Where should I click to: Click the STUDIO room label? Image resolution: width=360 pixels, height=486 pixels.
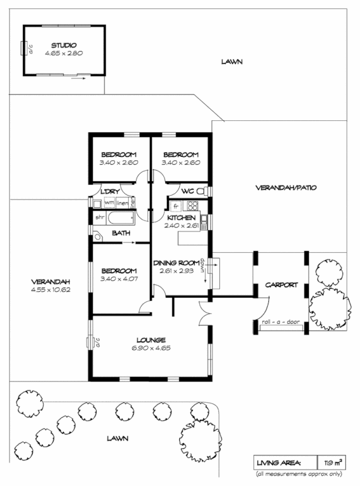[63, 46]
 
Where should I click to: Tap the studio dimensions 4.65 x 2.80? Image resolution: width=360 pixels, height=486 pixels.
[63, 53]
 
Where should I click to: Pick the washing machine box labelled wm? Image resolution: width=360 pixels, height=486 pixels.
[109, 202]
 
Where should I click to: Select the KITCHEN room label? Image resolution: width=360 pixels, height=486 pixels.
[181, 217]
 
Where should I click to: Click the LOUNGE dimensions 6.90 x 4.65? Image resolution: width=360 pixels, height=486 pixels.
[152, 348]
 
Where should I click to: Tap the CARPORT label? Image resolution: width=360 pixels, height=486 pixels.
[281, 284]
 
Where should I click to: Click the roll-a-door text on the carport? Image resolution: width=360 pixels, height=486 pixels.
[280, 322]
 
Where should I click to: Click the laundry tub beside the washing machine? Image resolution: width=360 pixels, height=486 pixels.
[97, 203]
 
